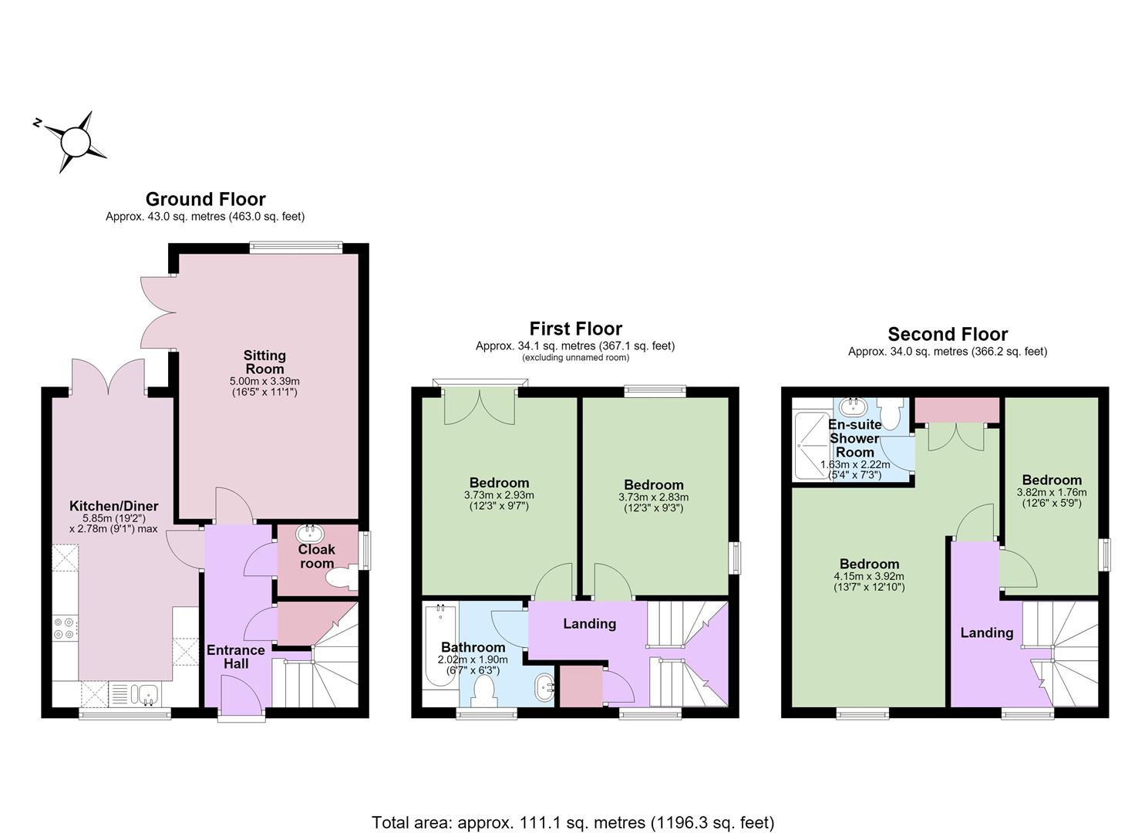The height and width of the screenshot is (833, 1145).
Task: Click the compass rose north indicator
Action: (37, 122)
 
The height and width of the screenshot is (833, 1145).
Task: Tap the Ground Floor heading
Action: (206, 199)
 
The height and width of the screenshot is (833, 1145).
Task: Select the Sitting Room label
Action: (264, 362)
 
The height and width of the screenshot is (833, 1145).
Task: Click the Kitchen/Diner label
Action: (113, 506)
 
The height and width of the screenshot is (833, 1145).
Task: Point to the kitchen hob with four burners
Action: (66, 629)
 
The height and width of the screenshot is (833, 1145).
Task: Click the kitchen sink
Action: (145, 694)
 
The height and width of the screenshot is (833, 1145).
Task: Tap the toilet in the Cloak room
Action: (342, 578)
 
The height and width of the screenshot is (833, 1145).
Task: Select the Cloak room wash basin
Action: (310, 533)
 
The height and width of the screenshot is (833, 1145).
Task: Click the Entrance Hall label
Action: (236, 656)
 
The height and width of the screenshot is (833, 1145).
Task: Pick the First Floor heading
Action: (575, 329)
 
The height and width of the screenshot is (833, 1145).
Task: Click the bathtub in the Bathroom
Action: (440, 646)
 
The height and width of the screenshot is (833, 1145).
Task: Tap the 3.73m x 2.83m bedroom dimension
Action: (653, 497)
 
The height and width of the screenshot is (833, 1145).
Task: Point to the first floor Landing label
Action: (589, 623)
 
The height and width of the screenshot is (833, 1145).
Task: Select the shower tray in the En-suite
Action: (812, 445)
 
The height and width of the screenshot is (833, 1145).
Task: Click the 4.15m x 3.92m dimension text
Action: (869, 576)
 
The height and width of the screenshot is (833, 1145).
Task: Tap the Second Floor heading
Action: (948, 334)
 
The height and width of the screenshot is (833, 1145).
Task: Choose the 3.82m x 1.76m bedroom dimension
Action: (1052, 492)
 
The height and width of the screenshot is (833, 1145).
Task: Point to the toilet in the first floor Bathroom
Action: (483, 690)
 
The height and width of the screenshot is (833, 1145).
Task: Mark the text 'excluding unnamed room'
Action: (575, 357)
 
